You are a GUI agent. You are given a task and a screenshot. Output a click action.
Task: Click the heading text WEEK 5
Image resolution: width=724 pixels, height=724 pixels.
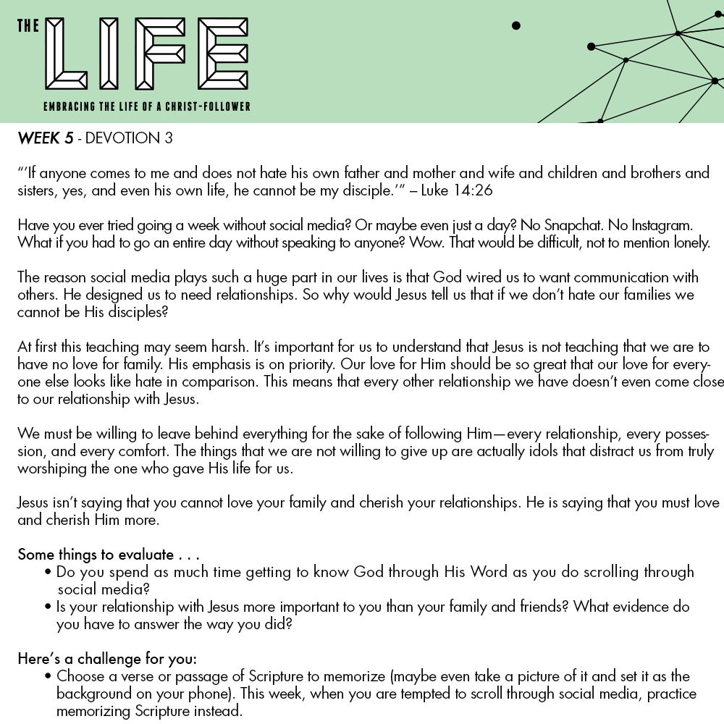pos(45,138)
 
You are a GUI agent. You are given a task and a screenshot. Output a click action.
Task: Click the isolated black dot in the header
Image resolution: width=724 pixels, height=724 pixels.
pos(516,26)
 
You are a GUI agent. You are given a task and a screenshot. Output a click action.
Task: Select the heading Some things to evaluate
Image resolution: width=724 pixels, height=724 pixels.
pos(109,555)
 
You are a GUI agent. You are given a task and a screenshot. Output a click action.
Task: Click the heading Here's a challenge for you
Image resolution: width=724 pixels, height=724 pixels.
pos(106,660)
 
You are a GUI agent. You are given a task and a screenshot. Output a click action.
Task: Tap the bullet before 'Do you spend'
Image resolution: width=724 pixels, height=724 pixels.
pos(48,573)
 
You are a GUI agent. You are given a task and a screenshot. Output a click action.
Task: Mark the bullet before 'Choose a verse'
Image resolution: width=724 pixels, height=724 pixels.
pos(48,677)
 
